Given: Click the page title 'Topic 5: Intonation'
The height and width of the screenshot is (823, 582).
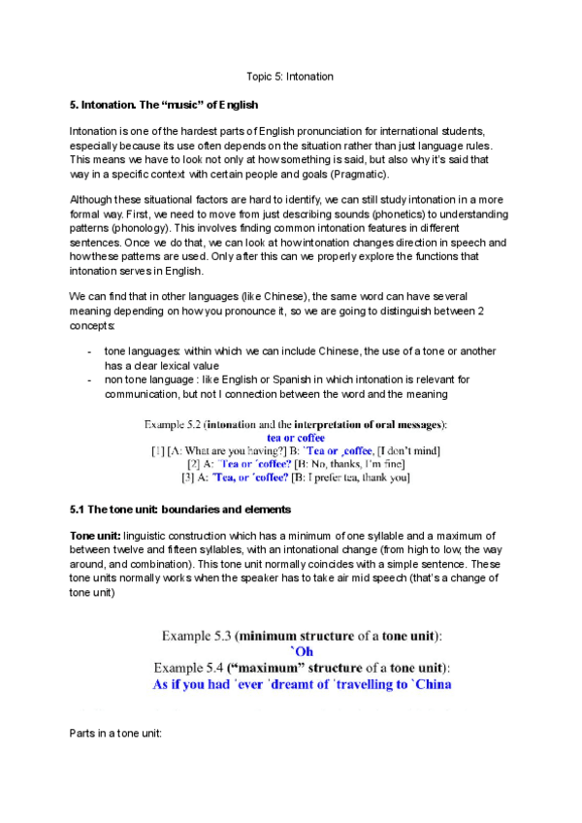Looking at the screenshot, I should click(290, 76).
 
